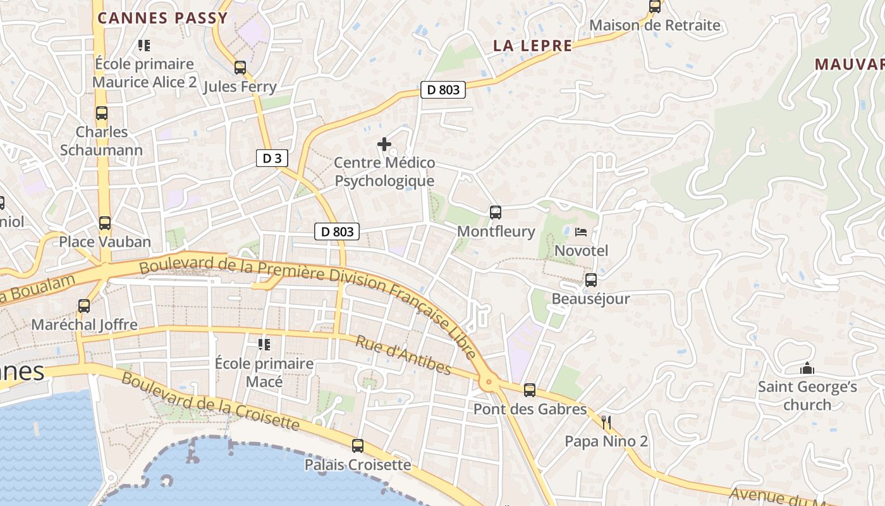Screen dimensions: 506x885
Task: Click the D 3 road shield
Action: click(x=272, y=158)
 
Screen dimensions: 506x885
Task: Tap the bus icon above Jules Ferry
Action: click(x=240, y=68)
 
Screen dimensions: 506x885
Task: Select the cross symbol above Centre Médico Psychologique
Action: click(x=384, y=144)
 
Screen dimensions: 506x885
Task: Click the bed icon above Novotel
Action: click(x=581, y=232)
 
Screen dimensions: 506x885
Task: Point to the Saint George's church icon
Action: click(x=807, y=368)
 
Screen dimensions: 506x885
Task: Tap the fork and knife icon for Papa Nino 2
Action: click(x=606, y=422)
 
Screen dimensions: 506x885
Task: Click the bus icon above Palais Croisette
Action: click(x=358, y=446)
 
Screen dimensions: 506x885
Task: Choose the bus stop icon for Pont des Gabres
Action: click(x=530, y=390)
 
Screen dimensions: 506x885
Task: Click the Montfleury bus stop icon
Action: click(x=496, y=213)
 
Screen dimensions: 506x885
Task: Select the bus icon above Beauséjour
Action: click(x=591, y=280)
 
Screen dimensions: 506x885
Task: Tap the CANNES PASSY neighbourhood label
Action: click(x=162, y=18)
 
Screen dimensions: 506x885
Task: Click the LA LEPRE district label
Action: click(x=532, y=46)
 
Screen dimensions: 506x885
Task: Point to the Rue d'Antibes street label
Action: click(x=403, y=355)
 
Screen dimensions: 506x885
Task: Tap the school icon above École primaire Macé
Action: click(x=264, y=345)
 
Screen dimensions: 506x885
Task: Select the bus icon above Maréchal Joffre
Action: click(x=84, y=306)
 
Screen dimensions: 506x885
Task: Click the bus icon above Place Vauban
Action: click(x=105, y=223)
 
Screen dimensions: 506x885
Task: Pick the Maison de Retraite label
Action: click(x=655, y=25)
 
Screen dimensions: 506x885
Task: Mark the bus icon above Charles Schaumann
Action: click(x=102, y=113)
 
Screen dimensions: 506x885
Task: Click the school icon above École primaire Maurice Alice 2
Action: click(x=144, y=46)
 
